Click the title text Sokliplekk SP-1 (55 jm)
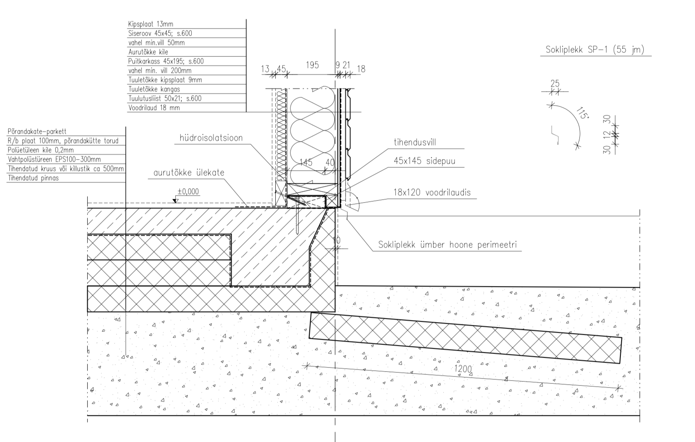pos(595,50)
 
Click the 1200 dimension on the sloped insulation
pos(463,369)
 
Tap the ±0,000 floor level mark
pos(188,192)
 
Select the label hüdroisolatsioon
pos(211,138)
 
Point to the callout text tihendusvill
pos(415,142)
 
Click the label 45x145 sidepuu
pos(424,161)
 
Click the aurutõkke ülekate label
pos(189,173)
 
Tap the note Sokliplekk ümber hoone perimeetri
pos(447,245)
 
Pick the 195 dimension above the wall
pos(312,65)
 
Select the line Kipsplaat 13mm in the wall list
pos(150,24)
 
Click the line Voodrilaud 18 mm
pos(154,108)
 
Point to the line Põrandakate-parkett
pos(36,132)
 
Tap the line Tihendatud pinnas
pos(33,178)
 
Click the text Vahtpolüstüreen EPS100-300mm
pos(54,160)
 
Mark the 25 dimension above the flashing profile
pos(554,83)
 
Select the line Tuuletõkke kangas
pos(154,89)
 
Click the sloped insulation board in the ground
pos(465,338)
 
